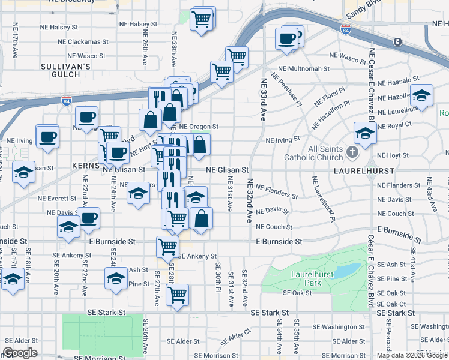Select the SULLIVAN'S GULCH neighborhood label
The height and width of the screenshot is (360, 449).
click(61, 70)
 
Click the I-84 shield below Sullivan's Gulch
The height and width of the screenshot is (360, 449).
click(67, 100)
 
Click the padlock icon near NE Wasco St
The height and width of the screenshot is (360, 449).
click(397, 41)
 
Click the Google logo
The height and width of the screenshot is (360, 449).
click(20, 353)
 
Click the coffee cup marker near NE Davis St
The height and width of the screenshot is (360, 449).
click(89, 218)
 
